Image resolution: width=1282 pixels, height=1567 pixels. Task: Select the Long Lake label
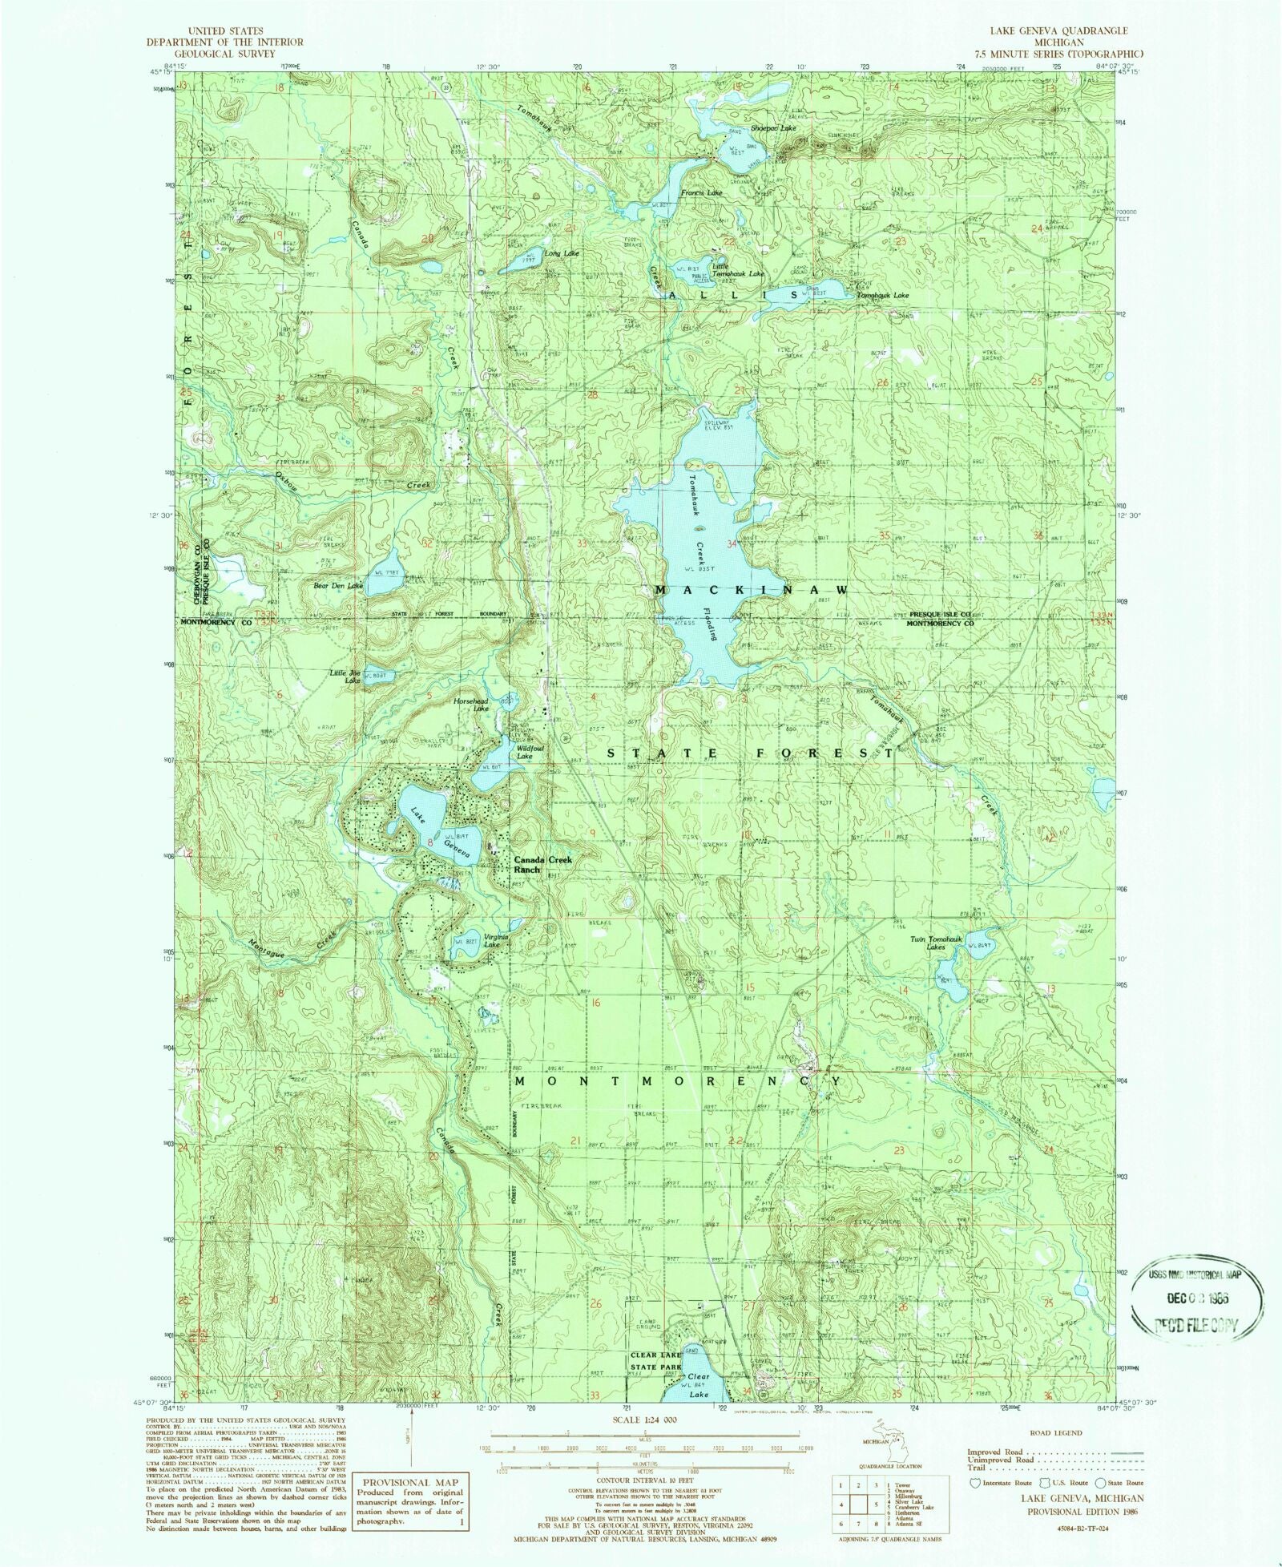[x=562, y=253]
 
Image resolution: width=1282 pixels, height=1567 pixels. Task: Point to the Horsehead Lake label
[x=470, y=704]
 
